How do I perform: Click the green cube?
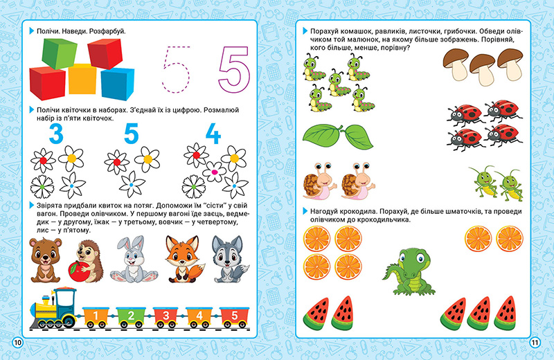(x=60, y=53)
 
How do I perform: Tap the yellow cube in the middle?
(x=82, y=79)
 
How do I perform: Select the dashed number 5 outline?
(x=176, y=70)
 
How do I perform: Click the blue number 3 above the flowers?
(x=56, y=134)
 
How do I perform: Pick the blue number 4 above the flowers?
(x=213, y=134)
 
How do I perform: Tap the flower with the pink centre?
(x=214, y=172)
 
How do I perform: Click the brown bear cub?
(x=45, y=260)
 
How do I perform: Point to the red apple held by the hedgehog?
(x=78, y=271)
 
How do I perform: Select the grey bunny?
(x=134, y=259)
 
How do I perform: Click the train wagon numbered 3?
(x=166, y=317)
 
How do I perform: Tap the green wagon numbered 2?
(x=131, y=317)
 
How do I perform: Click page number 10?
(x=18, y=342)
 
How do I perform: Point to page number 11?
(x=535, y=342)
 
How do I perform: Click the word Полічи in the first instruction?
(x=48, y=31)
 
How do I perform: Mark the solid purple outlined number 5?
(x=234, y=70)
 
